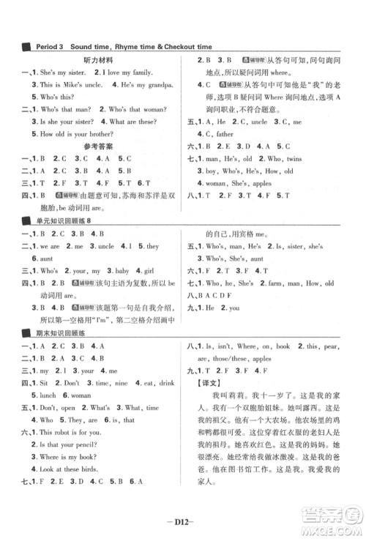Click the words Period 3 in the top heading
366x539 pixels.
(x=50, y=47)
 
